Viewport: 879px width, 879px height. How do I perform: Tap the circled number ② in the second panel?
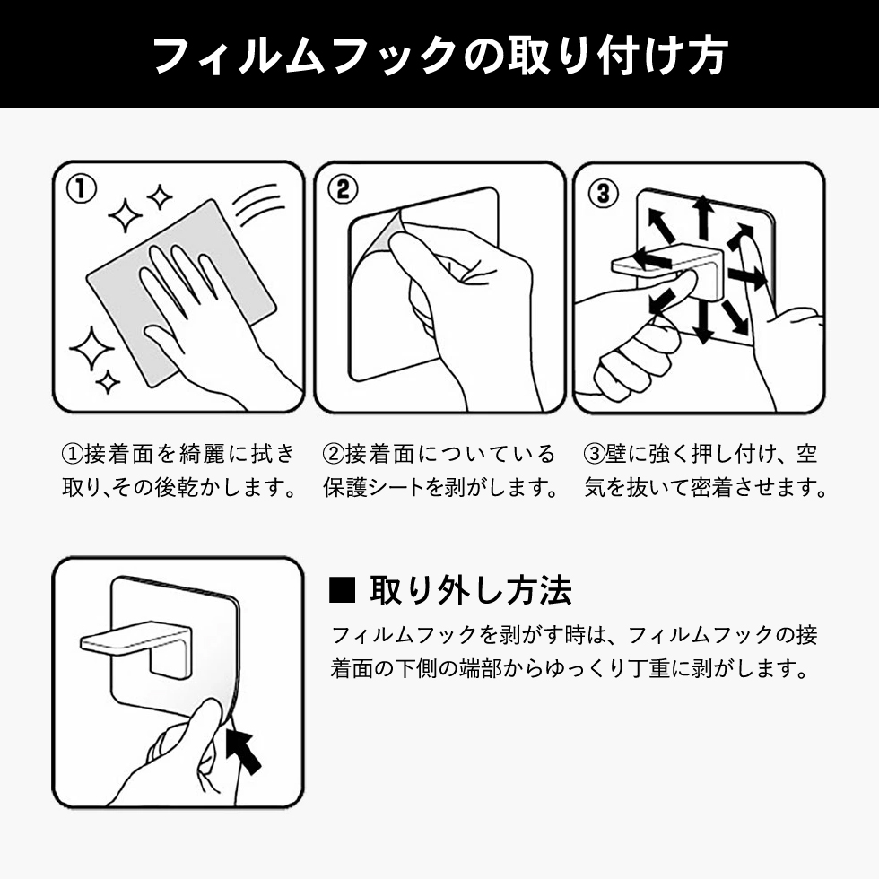coord(343,189)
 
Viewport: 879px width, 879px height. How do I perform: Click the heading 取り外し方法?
coord(470,591)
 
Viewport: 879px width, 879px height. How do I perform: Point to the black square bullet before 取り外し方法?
coord(343,592)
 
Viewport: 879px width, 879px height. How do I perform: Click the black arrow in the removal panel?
coord(244,750)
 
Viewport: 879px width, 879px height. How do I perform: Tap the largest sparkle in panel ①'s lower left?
coord(91,347)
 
